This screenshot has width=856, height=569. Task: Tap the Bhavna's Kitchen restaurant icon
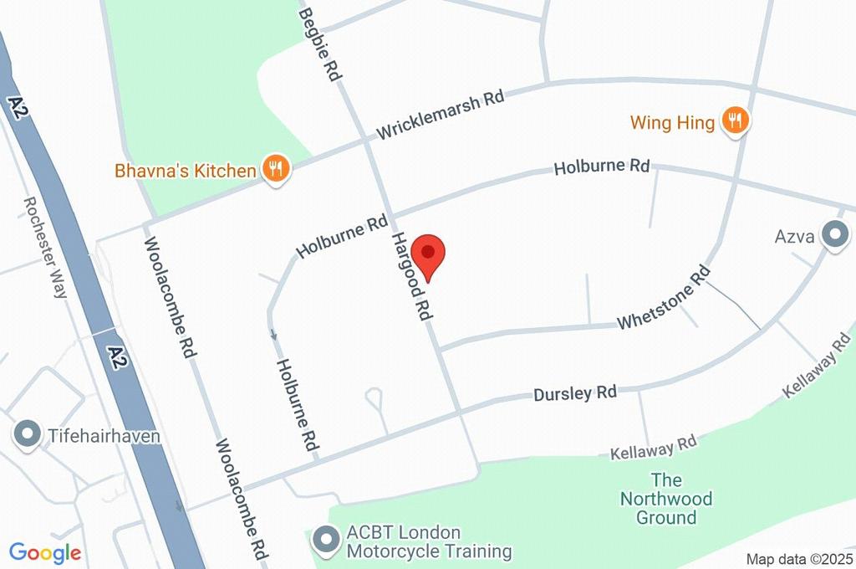pos(275,169)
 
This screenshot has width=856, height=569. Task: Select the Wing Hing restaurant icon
pos(735,121)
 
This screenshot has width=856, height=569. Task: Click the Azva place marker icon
pos(833,235)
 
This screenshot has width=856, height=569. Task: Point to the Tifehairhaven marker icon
pos(28,434)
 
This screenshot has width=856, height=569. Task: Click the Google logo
pos(45,553)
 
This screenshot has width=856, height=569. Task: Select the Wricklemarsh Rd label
pos(440,115)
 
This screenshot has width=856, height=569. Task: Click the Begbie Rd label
pos(321,44)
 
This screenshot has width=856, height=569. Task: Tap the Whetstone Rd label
pos(664,298)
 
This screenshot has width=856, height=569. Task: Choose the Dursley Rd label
pos(575,392)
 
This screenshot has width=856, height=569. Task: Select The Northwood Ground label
pos(666,499)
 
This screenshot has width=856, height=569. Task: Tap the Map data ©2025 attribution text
pos(799,559)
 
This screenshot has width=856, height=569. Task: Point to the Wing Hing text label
pos(672,123)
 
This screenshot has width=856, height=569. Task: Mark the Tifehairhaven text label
pos(104,436)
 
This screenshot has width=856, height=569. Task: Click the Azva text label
pos(794,236)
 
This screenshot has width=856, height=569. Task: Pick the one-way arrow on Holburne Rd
pos(274,335)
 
